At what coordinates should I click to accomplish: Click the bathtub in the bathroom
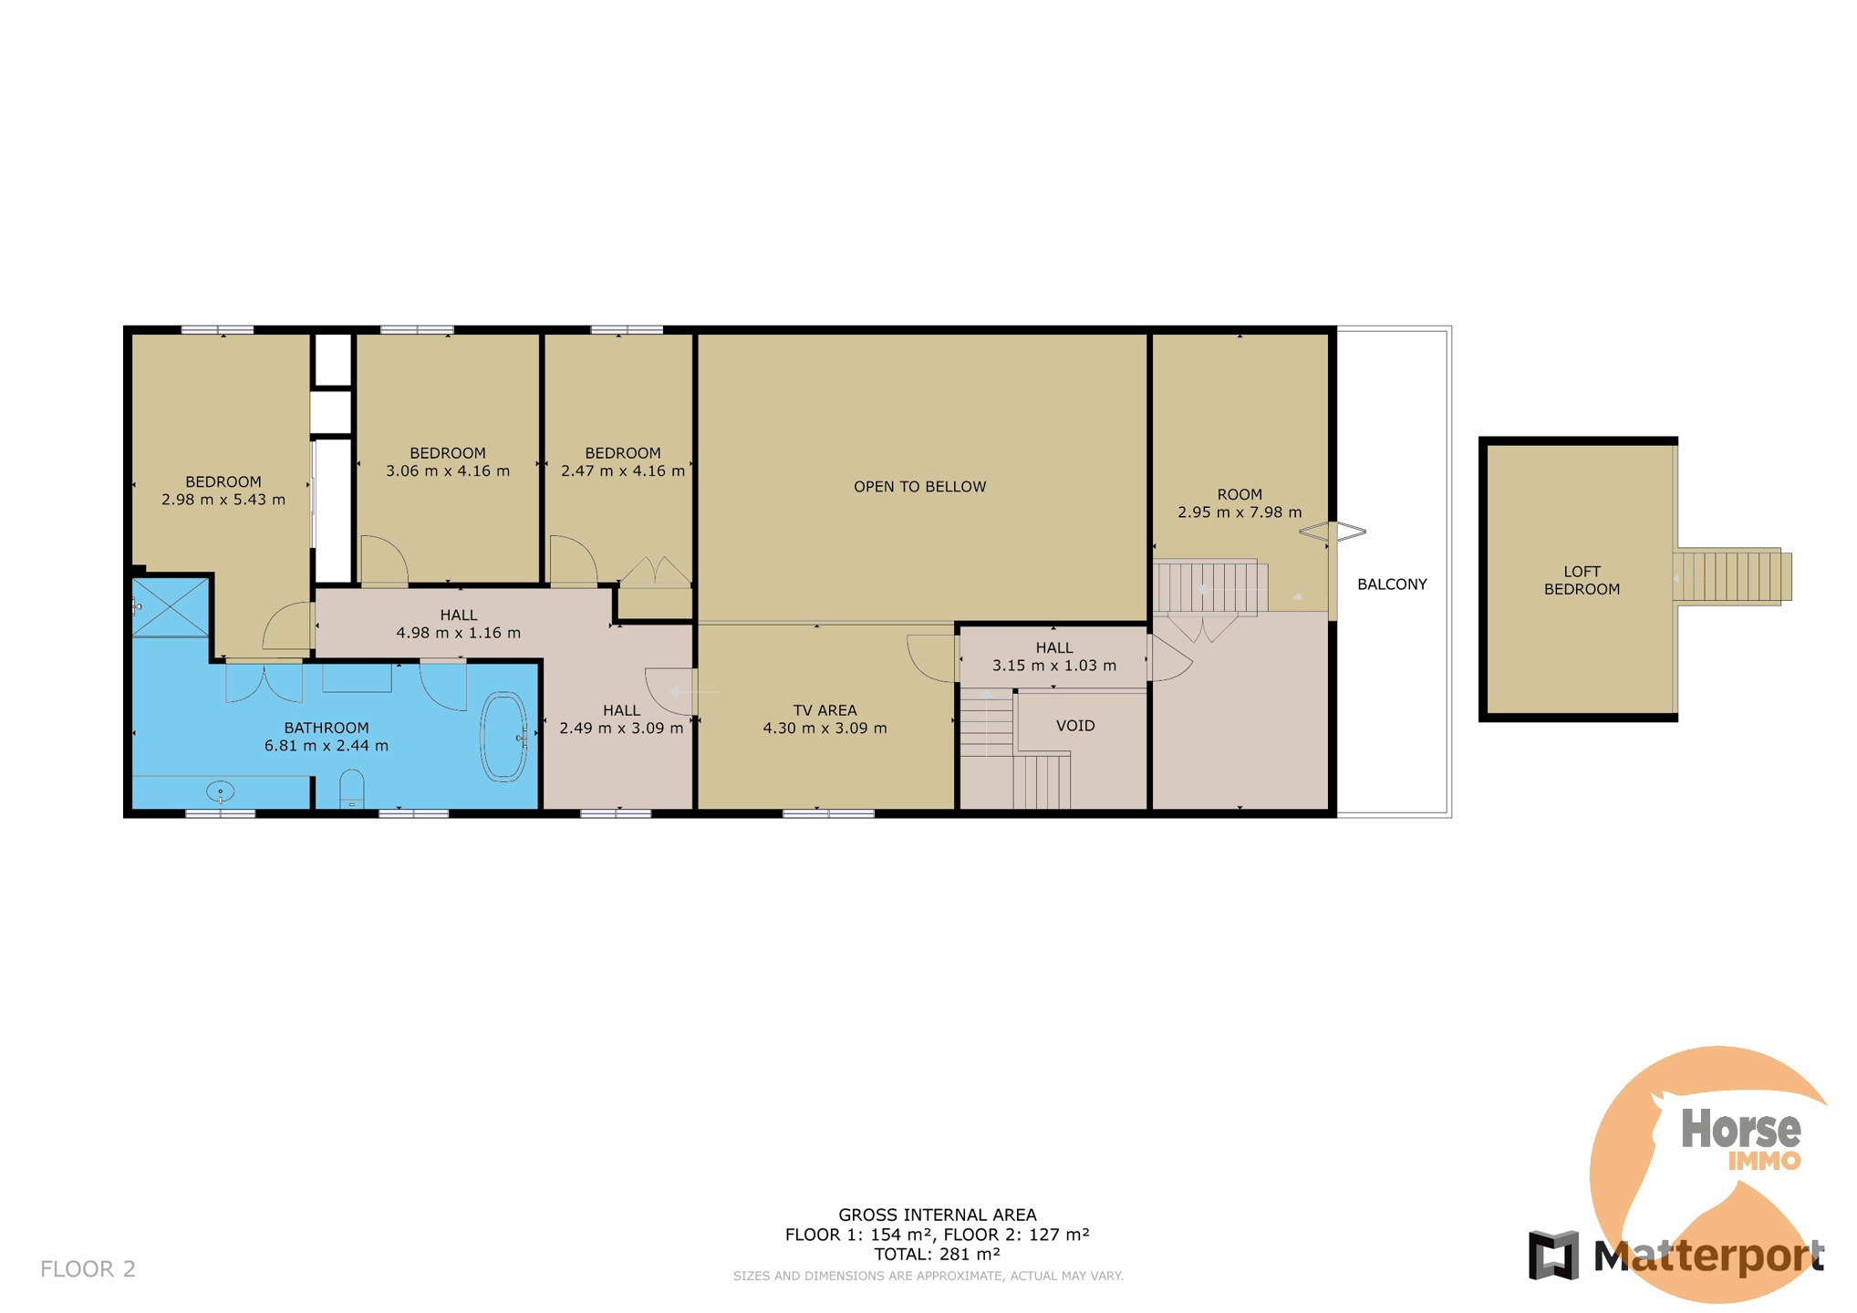[503, 738]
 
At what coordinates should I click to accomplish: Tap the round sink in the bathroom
[221, 791]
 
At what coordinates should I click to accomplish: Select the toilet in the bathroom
[351, 789]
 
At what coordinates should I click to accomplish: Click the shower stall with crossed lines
[171, 606]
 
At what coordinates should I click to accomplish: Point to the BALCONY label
[1392, 584]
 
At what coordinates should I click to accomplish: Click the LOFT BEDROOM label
[1582, 581]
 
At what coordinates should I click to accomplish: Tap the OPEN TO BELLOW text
[919, 487]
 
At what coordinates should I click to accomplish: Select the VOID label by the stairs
[1075, 726]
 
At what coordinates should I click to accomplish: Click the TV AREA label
[825, 710]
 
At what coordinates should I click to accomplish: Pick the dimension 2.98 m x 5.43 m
[223, 500]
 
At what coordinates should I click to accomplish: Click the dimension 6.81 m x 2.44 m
[327, 746]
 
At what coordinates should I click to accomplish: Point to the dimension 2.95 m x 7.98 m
[1240, 512]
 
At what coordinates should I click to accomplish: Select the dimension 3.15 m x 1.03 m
[1054, 666]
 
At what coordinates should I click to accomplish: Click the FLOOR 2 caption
[88, 1268]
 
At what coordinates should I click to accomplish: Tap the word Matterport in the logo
[1708, 1256]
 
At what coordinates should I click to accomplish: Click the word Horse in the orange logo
[1740, 1129]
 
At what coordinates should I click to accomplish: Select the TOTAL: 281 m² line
[937, 1254]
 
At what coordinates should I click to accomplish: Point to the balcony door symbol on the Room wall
[1333, 532]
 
